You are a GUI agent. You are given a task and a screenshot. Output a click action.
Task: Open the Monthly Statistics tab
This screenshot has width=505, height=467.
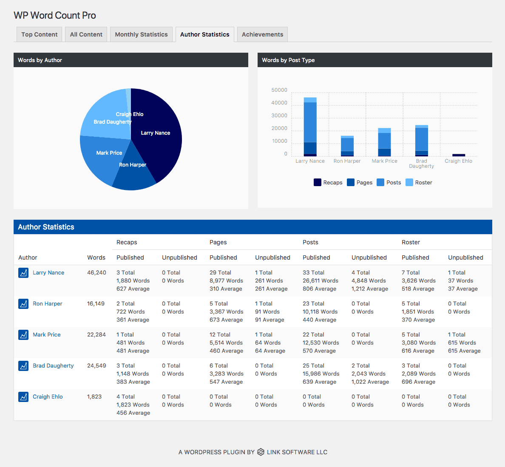(x=141, y=34)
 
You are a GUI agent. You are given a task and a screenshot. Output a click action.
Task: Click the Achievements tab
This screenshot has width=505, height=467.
(x=262, y=34)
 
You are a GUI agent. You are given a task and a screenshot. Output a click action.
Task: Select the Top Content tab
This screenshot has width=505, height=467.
(x=39, y=34)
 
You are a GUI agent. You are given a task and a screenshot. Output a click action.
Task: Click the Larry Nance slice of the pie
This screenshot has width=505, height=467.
(x=158, y=135)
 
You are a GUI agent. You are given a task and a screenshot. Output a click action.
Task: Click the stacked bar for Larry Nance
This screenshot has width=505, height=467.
(x=310, y=127)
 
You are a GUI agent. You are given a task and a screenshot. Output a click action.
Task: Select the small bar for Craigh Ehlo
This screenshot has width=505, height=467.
(x=459, y=155)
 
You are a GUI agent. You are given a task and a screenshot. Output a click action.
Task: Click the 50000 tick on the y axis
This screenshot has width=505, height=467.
(x=279, y=90)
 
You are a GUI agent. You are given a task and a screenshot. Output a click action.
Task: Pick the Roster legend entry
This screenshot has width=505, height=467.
(x=419, y=182)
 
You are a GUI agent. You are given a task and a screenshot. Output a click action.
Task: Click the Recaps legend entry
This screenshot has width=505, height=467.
(x=328, y=182)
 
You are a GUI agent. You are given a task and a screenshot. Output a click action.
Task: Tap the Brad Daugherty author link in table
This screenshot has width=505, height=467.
(x=53, y=365)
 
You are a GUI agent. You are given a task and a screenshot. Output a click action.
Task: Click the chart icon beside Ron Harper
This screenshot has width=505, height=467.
(x=23, y=303)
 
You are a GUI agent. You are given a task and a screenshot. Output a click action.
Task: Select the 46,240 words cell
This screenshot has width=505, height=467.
(x=96, y=273)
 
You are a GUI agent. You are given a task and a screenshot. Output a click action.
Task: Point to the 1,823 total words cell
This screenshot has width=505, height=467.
(x=94, y=397)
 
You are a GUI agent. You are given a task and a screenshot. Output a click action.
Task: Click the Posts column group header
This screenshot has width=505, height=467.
(x=310, y=242)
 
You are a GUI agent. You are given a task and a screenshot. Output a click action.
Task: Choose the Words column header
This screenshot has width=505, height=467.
(x=96, y=258)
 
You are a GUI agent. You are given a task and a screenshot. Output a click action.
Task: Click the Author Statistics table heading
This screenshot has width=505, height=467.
(x=46, y=227)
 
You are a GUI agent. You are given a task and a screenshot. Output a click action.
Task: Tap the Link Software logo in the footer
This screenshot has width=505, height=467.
(x=261, y=452)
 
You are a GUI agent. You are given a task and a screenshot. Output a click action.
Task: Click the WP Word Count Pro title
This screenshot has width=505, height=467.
(x=55, y=15)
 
